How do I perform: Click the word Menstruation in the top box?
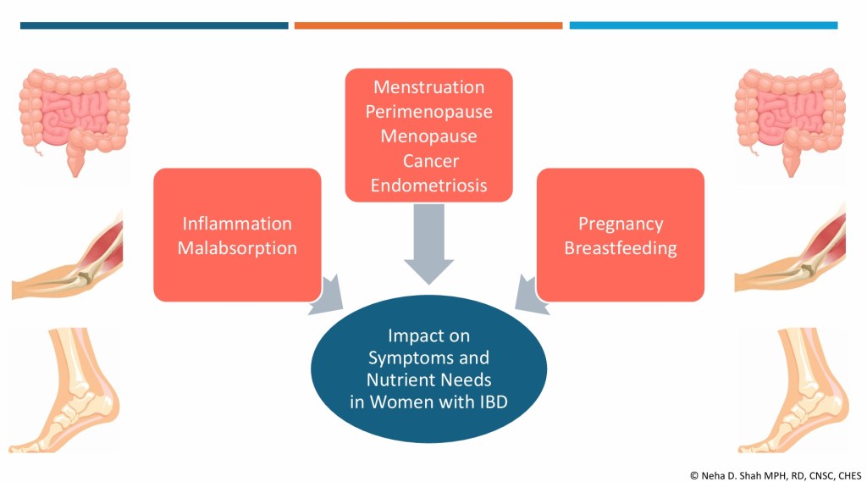428,87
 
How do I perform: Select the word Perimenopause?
428,112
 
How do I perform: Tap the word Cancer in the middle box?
431,161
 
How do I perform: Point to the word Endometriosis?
428,186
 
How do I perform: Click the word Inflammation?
237,224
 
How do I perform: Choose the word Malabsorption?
237,248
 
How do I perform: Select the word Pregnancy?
621,224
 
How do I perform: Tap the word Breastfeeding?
621,248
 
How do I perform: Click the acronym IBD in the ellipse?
489,402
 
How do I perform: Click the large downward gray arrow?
428,244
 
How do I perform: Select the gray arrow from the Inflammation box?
328,296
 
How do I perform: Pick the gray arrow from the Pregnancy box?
530,296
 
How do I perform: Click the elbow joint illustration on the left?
68,256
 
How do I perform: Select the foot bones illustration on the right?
794,390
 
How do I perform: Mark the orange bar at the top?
428,25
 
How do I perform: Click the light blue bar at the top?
704,25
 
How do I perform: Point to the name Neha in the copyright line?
712,475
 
